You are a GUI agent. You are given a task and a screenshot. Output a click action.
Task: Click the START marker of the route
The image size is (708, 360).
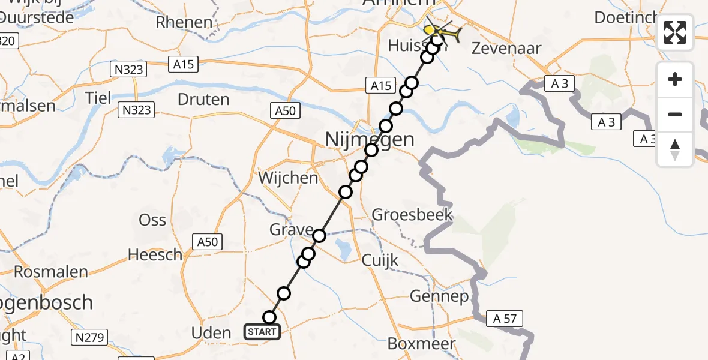click(262, 331)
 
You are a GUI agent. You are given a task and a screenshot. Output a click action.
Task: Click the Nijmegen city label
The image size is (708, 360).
click(369, 140)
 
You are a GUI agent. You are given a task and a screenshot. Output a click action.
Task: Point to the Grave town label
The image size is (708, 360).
click(292, 230)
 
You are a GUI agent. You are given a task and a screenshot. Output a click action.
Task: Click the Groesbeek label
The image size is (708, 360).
click(412, 215)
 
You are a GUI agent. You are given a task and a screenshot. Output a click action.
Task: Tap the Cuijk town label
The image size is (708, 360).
click(380, 260)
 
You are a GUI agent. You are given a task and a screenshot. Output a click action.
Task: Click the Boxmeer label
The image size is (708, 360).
click(421, 344)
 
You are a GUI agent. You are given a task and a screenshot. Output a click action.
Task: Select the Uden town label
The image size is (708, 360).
click(211, 333)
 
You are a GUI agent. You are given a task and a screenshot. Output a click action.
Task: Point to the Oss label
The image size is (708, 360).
click(152, 220)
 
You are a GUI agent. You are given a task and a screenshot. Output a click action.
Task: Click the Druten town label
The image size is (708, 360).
click(204, 99)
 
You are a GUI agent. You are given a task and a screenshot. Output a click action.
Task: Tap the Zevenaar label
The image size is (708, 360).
click(507, 49)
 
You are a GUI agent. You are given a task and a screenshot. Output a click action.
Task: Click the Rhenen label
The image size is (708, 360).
click(184, 23)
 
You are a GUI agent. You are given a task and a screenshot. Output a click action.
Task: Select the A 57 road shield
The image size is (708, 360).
click(505, 319)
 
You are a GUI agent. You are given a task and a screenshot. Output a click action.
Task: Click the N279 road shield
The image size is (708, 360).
click(89, 338)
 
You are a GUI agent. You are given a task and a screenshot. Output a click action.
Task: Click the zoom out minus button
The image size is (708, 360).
click(675, 115)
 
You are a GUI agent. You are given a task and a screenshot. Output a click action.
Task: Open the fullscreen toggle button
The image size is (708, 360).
click(675, 32)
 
